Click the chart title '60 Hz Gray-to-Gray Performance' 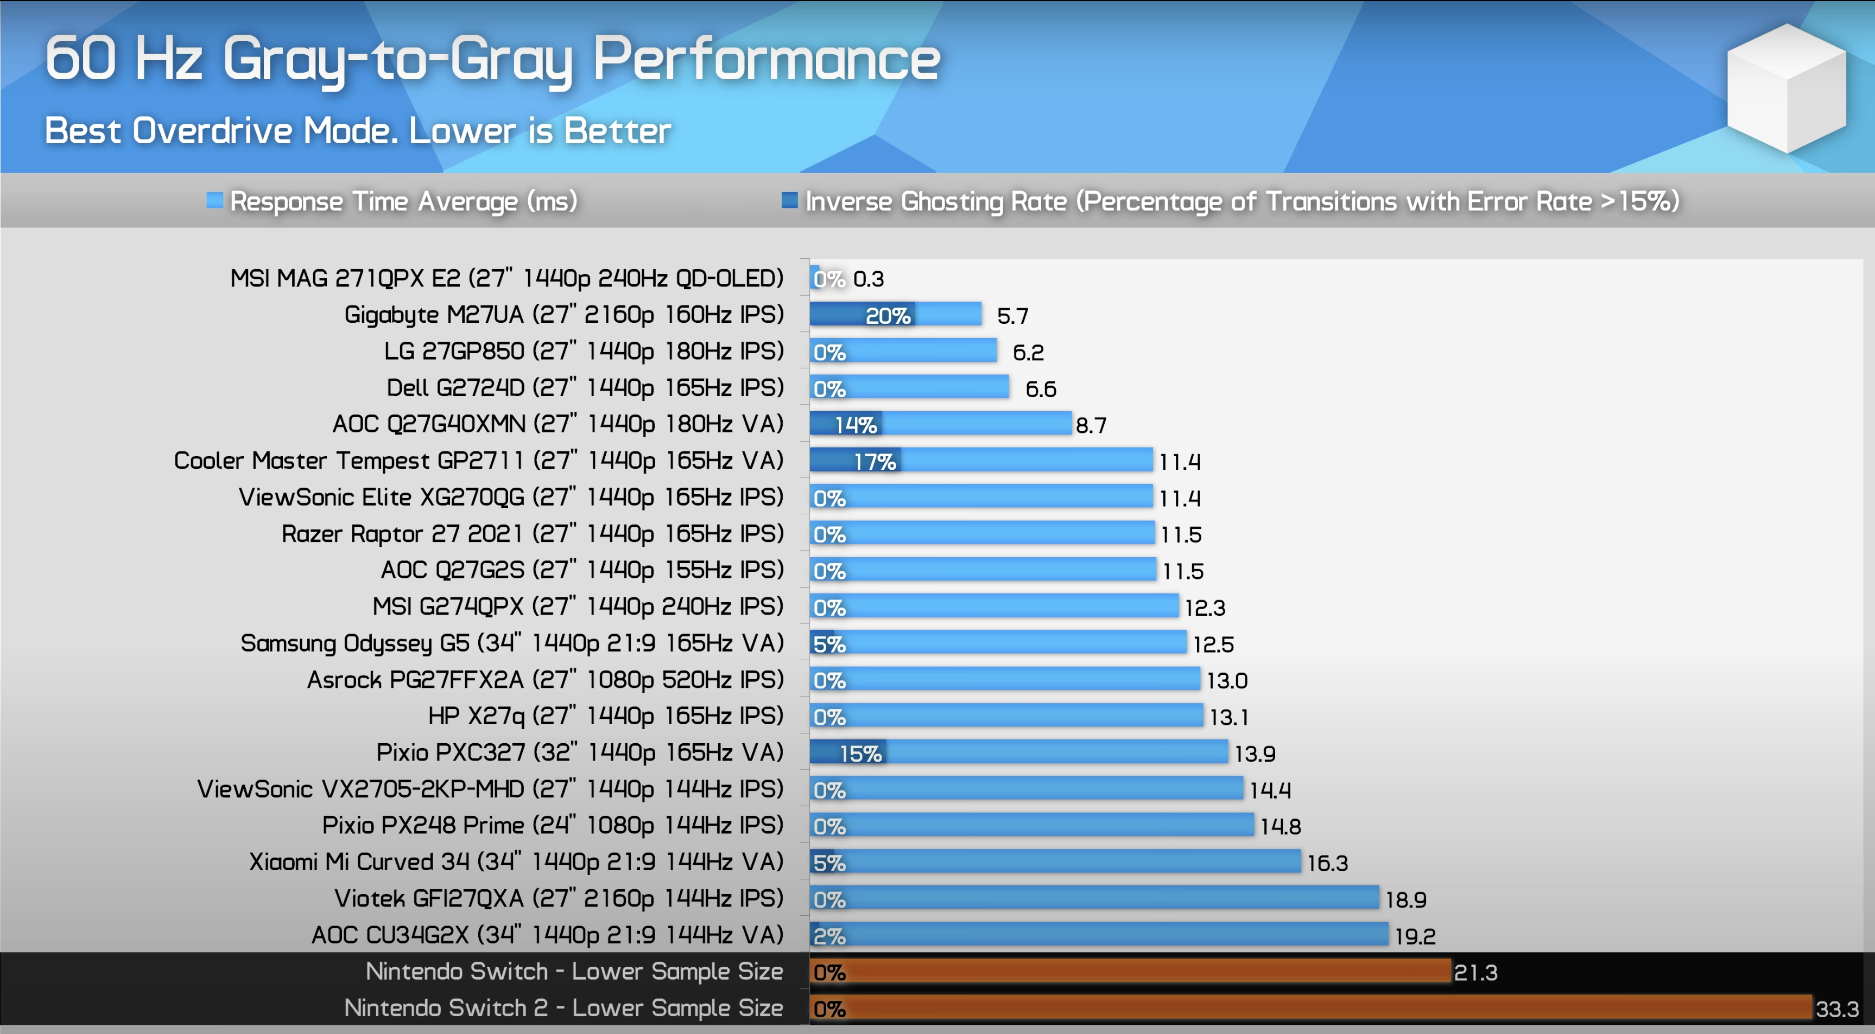click(x=492, y=59)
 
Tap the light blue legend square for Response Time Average click(x=214, y=200)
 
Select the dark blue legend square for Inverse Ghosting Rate click(x=789, y=200)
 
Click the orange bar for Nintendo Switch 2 click(x=1310, y=1008)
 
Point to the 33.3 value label click(x=1836, y=1009)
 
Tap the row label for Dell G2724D click(x=585, y=388)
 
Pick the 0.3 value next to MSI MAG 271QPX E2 click(x=869, y=279)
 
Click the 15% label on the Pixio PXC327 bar click(x=860, y=753)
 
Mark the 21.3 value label click(x=1475, y=972)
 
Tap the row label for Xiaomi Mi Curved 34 click(x=515, y=861)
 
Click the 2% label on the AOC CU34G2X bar click(x=829, y=936)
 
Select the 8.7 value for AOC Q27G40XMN click(x=1091, y=425)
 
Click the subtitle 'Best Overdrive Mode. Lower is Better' click(x=357, y=131)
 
